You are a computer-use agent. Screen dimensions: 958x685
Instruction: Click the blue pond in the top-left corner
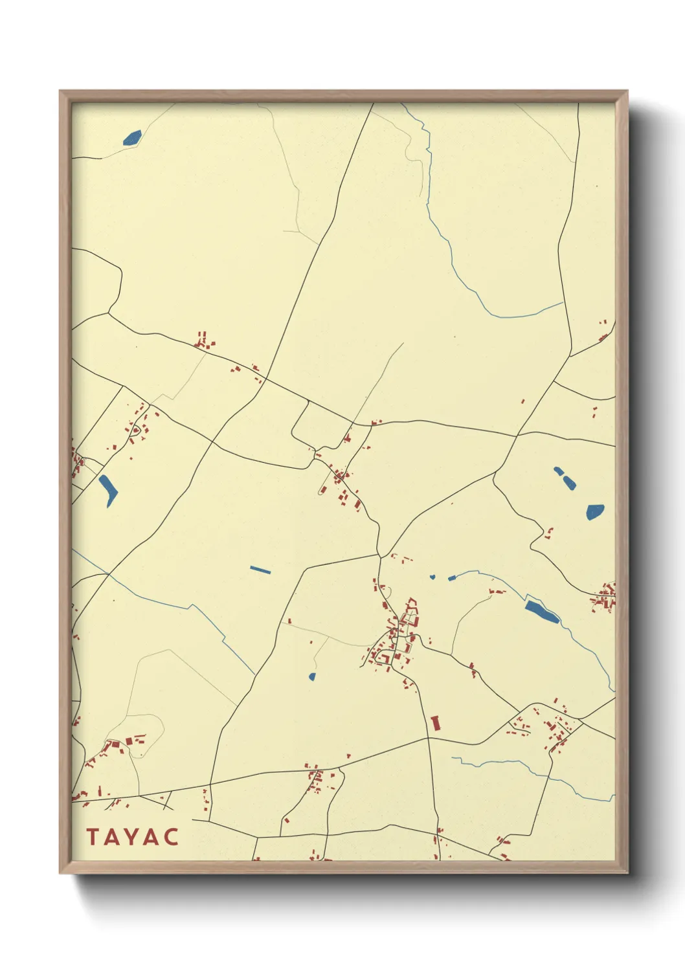[132, 137]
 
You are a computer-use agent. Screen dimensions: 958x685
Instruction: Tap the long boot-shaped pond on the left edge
[108, 490]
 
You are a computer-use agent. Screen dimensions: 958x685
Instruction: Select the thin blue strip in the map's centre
[260, 570]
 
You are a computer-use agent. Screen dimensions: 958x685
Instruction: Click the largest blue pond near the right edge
[595, 512]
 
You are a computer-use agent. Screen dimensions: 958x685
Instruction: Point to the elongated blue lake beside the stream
[541, 611]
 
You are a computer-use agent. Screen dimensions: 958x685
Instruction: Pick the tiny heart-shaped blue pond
[432, 577]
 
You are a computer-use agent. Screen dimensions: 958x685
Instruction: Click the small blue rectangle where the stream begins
[452, 577]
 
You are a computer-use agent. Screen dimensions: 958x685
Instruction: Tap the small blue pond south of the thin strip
[312, 677]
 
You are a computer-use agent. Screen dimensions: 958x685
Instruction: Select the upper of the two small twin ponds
[558, 471]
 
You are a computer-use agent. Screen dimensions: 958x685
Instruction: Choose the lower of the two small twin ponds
[570, 482]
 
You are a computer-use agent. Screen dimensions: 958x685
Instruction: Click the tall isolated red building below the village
[435, 723]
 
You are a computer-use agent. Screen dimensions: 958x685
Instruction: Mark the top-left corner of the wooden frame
[60, 91]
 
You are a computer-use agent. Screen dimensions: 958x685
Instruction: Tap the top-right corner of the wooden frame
[627, 91]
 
